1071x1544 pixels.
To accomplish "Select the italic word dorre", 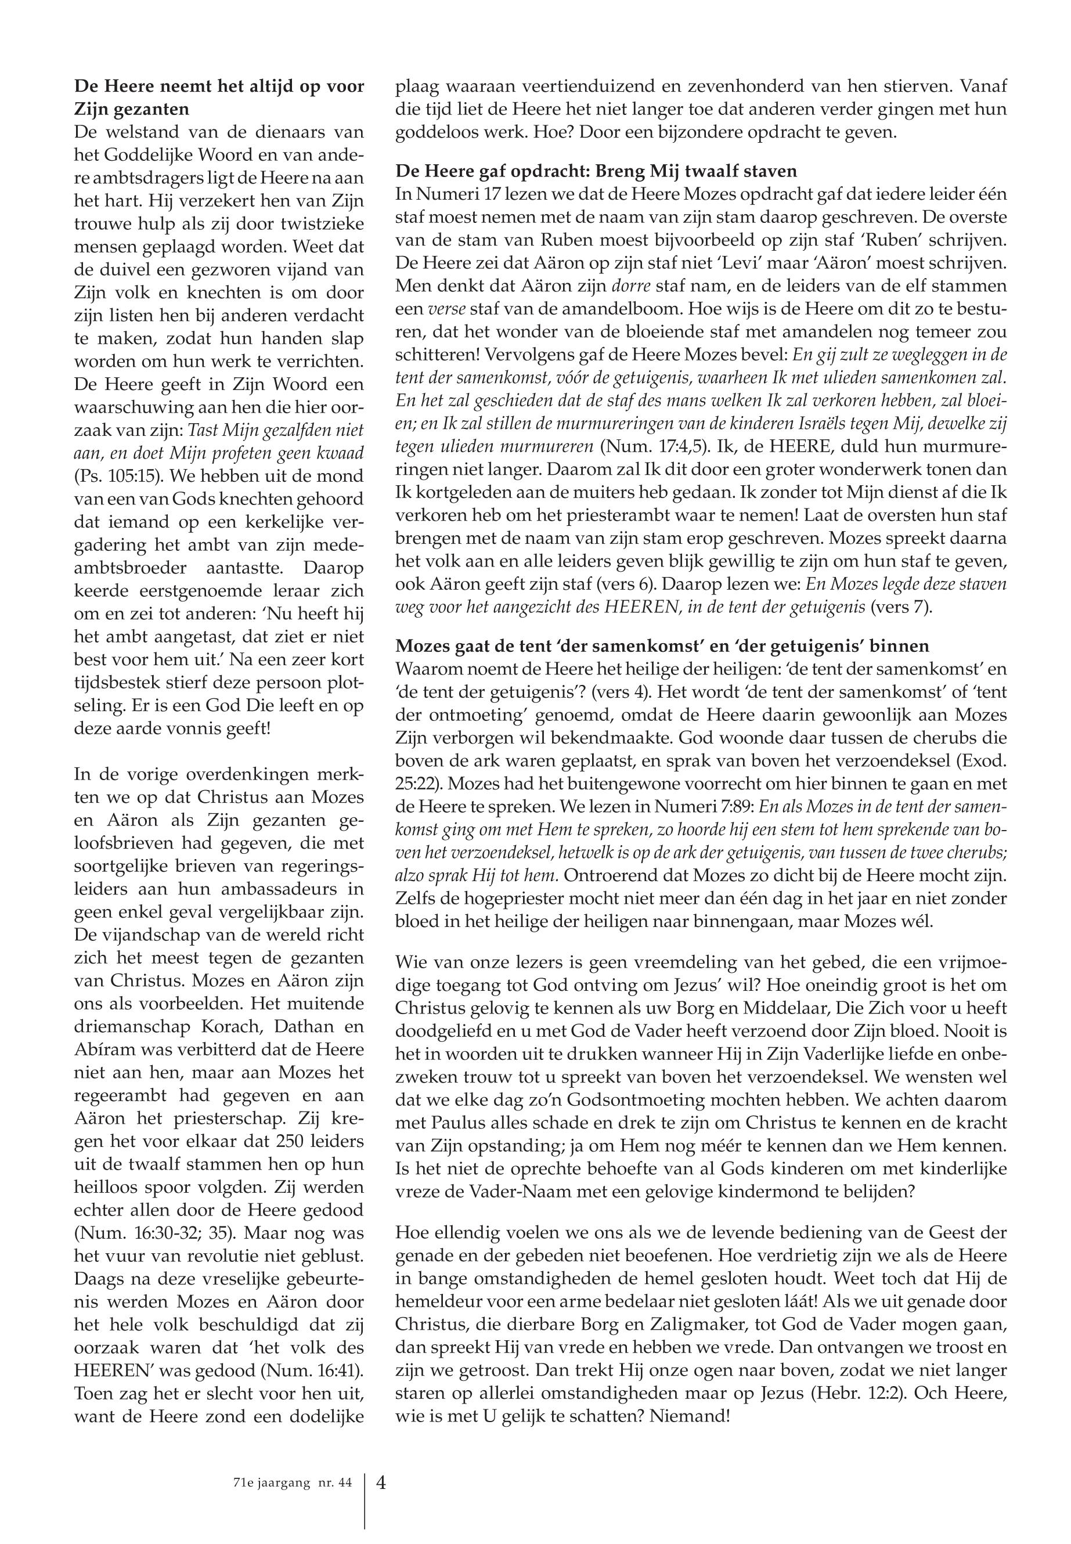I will point(632,285).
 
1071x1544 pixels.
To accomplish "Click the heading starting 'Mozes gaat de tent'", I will point(662,646).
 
